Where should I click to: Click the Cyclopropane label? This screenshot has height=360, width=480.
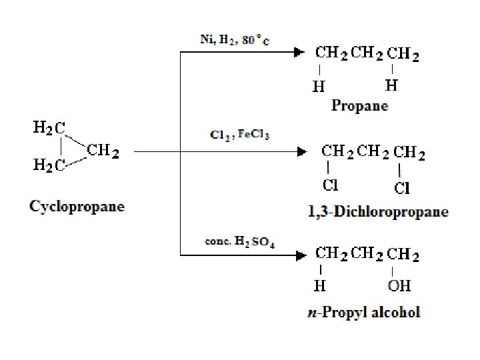(x=77, y=206)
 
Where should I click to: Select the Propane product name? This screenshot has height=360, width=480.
(x=360, y=106)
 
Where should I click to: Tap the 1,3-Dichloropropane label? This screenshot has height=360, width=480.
(x=378, y=213)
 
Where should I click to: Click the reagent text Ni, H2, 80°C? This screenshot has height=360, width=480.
(x=235, y=39)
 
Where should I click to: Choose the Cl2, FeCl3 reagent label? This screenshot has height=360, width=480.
(x=239, y=135)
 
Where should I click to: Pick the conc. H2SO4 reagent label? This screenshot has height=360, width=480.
(x=239, y=241)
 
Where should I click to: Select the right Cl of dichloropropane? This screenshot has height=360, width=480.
(x=402, y=189)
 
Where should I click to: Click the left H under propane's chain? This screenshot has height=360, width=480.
(x=319, y=86)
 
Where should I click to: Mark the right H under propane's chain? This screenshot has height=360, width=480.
(x=392, y=85)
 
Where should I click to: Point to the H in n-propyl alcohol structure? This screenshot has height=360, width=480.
(x=320, y=287)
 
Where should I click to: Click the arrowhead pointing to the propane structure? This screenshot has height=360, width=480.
(x=300, y=53)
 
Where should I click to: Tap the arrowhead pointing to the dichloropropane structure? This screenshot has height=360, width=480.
(x=300, y=152)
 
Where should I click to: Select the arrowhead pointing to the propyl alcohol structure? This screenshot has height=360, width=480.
(x=300, y=253)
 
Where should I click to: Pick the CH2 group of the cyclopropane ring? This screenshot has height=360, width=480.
(x=103, y=151)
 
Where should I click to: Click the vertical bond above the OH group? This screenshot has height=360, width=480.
(x=393, y=271)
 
